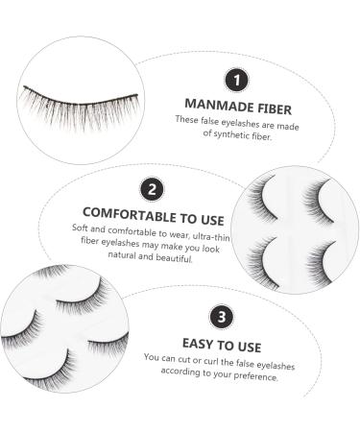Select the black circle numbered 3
click(224, 314)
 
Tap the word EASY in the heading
click(197, 341)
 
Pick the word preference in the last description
click(254, 376)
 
